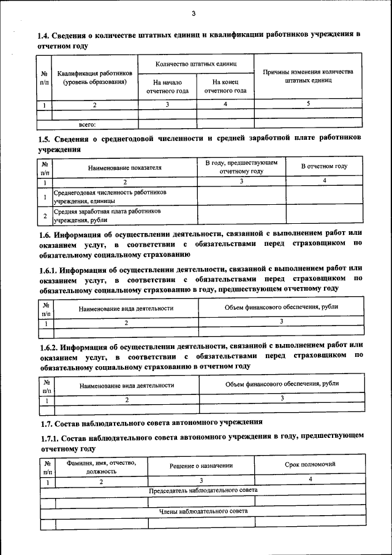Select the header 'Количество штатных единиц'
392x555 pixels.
coord(196,64)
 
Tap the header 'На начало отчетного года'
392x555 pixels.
coord(167,86)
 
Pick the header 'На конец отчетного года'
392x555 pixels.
coord(225,86)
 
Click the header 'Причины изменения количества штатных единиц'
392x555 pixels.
coord(307,76)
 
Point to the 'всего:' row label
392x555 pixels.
coord(88,124)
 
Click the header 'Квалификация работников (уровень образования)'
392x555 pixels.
coord(95,77)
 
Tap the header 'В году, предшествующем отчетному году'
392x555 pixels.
coord(241,167)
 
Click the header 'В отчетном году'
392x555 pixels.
coord(324,167)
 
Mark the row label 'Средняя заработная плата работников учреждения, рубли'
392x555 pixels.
coord(107,215)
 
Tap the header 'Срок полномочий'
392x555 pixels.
coord(310,465)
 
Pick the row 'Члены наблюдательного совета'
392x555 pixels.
coord(203,511)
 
